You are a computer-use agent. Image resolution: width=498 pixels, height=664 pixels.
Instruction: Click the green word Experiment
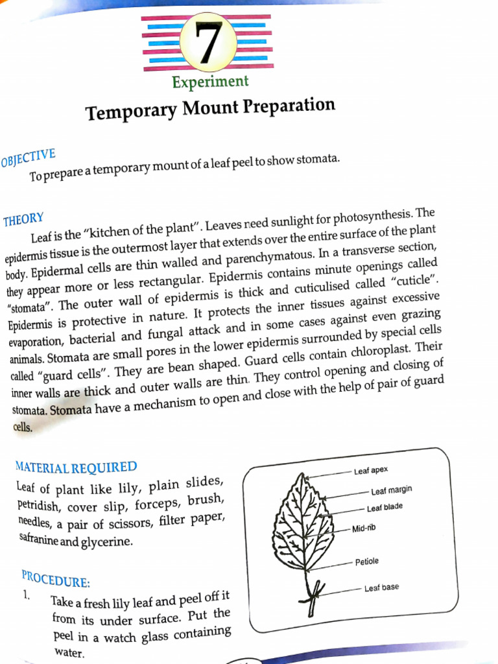coord(210,82)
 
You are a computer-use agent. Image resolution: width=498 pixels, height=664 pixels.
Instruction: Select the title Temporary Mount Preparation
coord(211,109)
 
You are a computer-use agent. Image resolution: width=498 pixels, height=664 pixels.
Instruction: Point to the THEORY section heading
coord(23,220)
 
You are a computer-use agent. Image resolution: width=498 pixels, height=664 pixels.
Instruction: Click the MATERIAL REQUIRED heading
coord(76,467)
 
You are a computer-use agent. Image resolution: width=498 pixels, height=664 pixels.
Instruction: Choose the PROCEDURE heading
coord(56,578)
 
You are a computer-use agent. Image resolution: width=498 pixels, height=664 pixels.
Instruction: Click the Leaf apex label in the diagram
coord(371,470)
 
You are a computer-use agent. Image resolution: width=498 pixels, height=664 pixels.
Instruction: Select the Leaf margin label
coord(392,490)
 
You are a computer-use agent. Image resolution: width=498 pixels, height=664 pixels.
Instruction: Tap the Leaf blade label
coord(385,508)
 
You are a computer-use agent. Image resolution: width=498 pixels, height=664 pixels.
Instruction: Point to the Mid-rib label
coord(363,528)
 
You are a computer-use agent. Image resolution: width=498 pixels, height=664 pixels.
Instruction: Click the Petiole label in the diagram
coord(366,561)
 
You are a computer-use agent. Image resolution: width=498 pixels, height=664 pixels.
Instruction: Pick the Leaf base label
coord(381,587)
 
